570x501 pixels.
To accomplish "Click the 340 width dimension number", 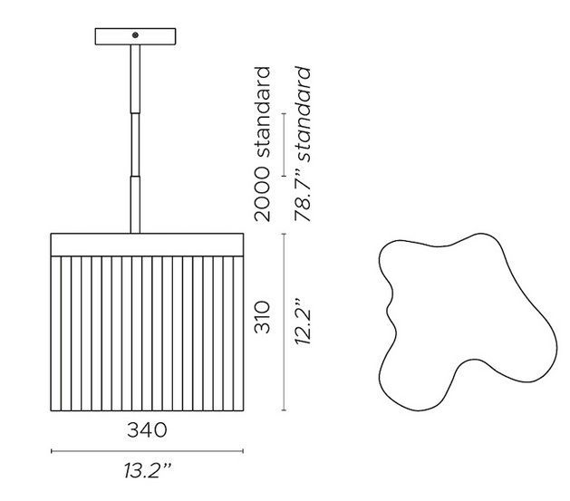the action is click(x=147, y=430).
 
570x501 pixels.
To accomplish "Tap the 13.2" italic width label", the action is click(x=147, y=471).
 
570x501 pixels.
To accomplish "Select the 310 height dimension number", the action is click(x=263, y=317).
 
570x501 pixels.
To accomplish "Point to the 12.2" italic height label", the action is click(x=303, y=323).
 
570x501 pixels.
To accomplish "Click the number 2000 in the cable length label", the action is click(x=263, y=195).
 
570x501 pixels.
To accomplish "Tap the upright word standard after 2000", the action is click(x=263, y=112).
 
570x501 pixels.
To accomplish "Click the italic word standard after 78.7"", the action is click(x=303, y=114).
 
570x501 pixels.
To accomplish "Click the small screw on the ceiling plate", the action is click(x=135, y=35).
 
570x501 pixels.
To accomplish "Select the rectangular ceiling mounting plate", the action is click(x=136, y=37).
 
